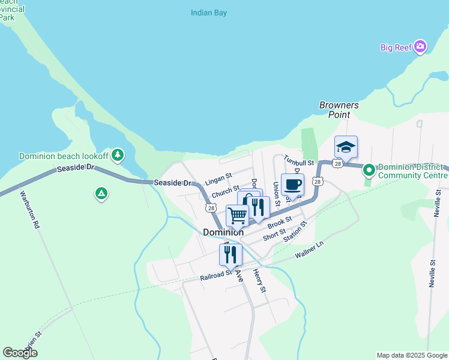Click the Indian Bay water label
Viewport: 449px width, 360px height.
click(209, 13)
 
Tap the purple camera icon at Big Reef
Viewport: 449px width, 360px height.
click(420, 47)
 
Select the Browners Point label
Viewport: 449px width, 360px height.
click(339, 110)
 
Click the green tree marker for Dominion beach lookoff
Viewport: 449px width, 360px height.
click(118, 155)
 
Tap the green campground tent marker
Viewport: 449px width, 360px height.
click(101, 193)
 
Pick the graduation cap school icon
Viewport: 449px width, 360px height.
click(346, 147)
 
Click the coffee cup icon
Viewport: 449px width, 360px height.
click(292, 185)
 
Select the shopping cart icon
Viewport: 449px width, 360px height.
click(237, 215)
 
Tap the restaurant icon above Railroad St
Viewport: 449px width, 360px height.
click(231, 254)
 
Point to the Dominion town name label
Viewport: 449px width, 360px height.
click(223, 232)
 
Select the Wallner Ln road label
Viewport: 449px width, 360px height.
click(309, 250)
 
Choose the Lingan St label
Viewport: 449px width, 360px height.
click(218, 179)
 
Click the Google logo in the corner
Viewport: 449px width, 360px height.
click(20, 353)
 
